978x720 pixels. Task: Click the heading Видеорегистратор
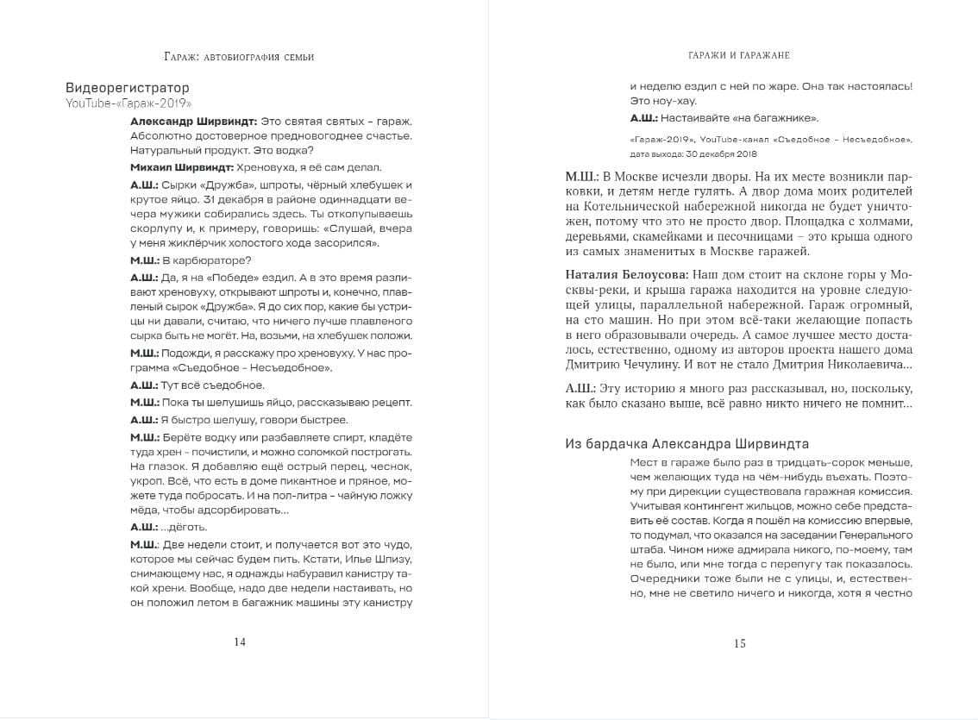127,88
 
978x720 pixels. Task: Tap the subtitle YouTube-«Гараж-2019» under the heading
128,103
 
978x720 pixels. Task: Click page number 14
240,642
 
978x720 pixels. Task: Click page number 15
739,642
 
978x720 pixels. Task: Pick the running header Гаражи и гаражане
739,55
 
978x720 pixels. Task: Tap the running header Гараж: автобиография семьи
239,57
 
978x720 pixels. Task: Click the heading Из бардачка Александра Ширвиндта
686,444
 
